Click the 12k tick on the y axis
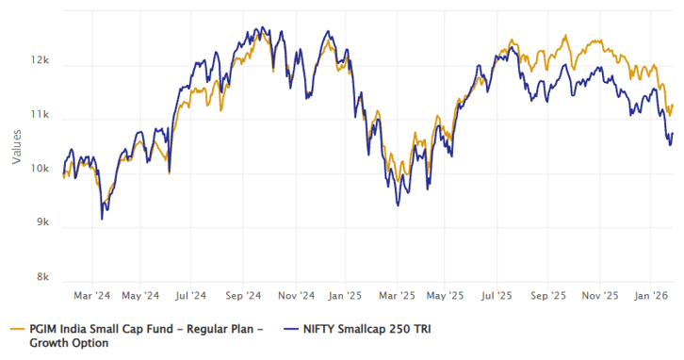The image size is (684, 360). (x=40, y=60)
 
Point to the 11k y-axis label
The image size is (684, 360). (x=40, y=116)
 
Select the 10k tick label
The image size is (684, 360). (x=40, y=169)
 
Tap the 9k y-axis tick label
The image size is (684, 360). (x=42, y=223)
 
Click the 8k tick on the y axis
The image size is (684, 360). (x=42, y=277)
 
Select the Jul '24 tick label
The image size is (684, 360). (x=193, y=295)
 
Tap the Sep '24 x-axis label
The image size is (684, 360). (x=245, y=295)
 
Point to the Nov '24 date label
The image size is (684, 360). (x=296, y=295)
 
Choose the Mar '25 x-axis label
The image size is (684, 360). (x=397, y=295)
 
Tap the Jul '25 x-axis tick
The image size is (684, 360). (x=497, y=295)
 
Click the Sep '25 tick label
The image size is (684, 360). (x=548, y=295)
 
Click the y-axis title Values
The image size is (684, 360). (x=16, y=146)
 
